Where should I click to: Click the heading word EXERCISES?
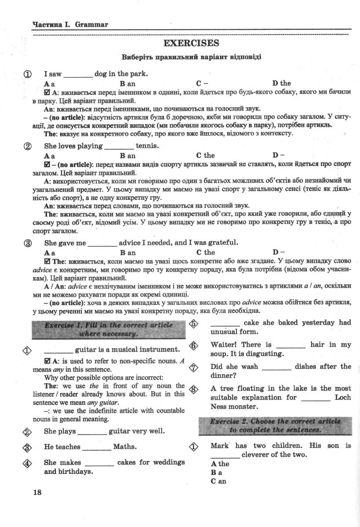191,43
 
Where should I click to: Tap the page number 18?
37,492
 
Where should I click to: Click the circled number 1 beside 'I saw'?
28,74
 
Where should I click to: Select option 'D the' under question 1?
281,83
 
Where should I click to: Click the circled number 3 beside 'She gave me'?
28,243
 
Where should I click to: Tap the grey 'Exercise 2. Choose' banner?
275,425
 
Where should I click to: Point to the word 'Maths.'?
125,447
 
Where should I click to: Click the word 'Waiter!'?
223,345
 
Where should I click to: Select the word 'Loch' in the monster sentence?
343,397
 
